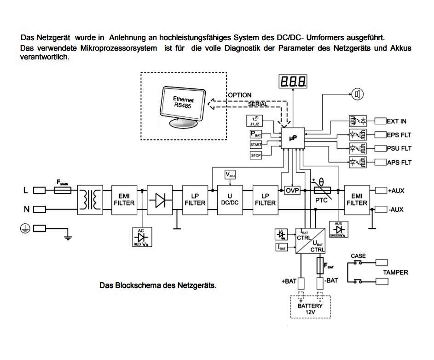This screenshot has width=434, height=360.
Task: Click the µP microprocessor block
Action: (x=294, y=138)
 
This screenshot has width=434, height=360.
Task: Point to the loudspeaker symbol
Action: (x=358, y=94)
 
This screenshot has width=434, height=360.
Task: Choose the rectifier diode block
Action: (x=160, y=199)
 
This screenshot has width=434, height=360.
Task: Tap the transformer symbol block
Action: (x=90, y=199)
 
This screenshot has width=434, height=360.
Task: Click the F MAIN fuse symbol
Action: (x=63, y=189)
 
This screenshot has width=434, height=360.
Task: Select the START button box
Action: (x=256, y=145)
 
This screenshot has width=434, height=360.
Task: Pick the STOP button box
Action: (x=256, y=156)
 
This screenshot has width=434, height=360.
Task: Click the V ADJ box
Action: (x=230, y=174)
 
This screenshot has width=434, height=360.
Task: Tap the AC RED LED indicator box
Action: (x=138, y=237)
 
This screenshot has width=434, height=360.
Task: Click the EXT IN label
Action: (x=397, y=121)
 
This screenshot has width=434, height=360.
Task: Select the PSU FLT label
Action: (x=399, y=148)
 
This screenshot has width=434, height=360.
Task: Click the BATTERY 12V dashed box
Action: (x=310, y=306)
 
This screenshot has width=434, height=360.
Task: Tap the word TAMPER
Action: (x=395, y=272)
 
